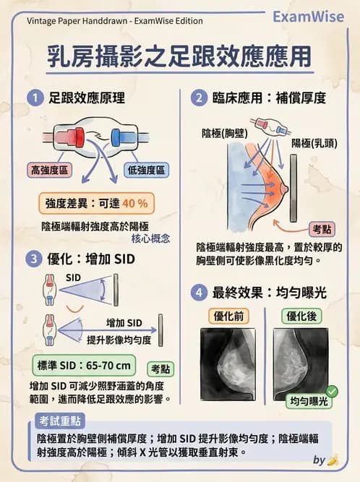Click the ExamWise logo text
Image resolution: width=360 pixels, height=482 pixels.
[x=312, y=17]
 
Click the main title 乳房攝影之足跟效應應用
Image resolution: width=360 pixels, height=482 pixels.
[x=180, y=58]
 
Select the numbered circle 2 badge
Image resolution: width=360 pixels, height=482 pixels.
[x=198, y=97]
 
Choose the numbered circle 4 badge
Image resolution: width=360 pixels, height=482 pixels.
[x=198, y=293]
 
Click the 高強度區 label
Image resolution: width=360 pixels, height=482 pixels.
[x=50, y=171]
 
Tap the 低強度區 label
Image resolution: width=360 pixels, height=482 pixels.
[x=147, y=171]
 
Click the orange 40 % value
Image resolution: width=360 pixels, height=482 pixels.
[x=134, y=204]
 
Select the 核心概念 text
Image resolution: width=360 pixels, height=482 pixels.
[x=151, y=238]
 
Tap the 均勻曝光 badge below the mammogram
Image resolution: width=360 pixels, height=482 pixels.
[x=309, y=401]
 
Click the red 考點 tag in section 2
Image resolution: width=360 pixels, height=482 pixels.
[x=322, y=229]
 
